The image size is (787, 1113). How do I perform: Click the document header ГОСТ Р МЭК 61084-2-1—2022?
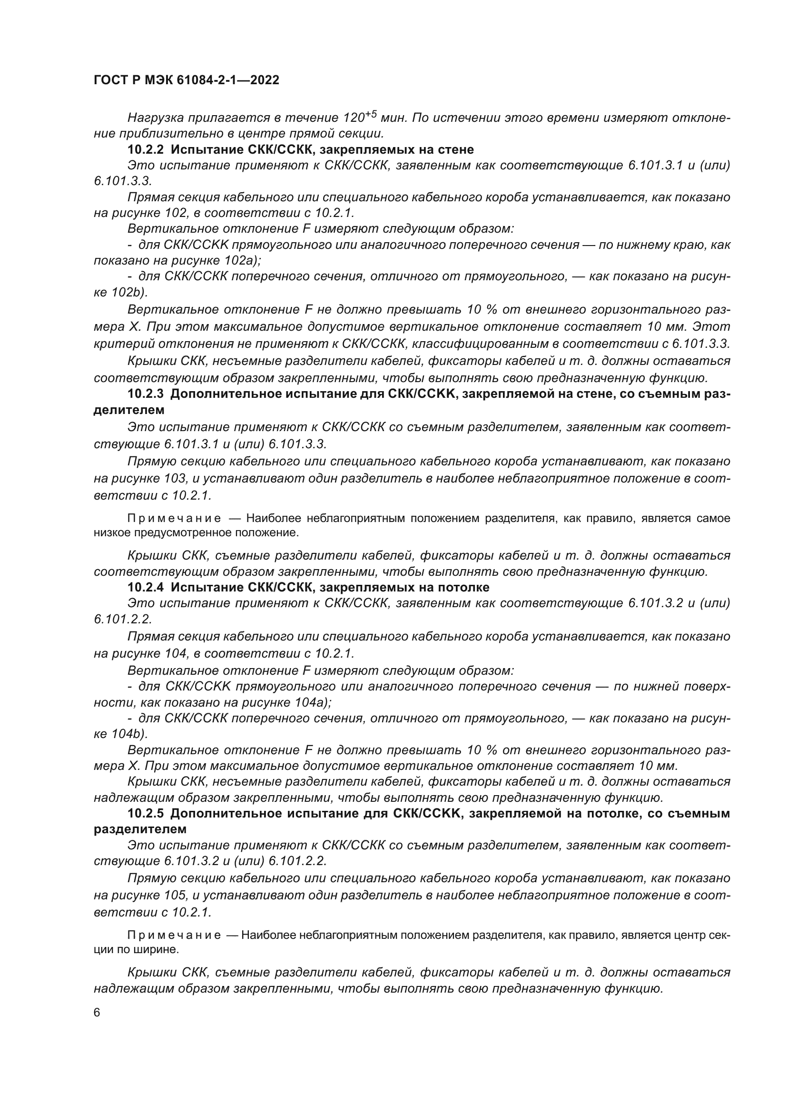(187, 80)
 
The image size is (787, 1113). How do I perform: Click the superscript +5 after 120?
(371, 114)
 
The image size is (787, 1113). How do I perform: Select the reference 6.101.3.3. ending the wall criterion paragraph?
(701, 344)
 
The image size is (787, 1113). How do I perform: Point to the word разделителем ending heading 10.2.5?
(140, 829)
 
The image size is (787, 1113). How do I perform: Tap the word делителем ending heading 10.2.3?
(129, 410)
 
